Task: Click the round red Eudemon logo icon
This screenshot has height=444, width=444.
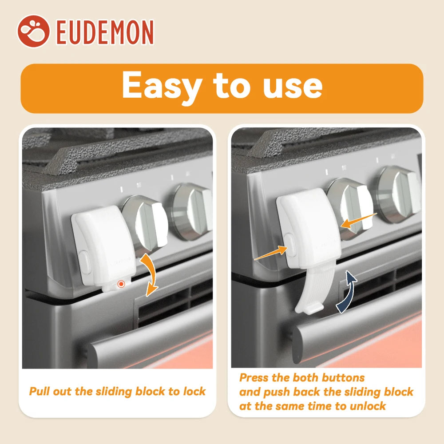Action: click(x=33, y=31)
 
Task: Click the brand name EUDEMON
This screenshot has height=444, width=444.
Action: click(x=105, y=32)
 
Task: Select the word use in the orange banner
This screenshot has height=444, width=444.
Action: click(x=293, y=86)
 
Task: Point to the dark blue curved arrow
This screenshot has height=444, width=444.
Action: click(x=347, y=291)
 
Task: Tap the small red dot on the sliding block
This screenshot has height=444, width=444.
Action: click(x=121, y=284)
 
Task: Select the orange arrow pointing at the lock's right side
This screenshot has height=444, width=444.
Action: click(x=359, y=220)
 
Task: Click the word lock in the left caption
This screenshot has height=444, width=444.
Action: click(x=194, y=391)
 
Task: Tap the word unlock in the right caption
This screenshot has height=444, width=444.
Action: click(x=368, y=406)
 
